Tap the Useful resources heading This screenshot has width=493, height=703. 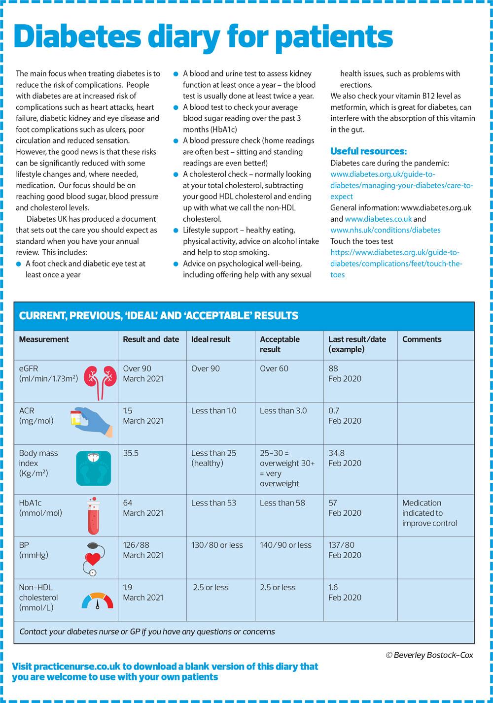pos(368,151)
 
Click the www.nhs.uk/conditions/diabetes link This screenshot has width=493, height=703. pos(385,230)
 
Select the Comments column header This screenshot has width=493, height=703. pos(422,339)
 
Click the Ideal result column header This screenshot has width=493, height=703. pos(211,339)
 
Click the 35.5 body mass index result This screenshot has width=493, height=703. pos(131,453)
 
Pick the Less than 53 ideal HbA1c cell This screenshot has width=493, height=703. pos(213,503)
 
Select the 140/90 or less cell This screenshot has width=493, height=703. pos(285,545)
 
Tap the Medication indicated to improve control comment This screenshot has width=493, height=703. pos(429,513)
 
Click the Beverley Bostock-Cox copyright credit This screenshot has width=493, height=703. pos(429,655)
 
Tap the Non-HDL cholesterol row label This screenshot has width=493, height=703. pos(38,597)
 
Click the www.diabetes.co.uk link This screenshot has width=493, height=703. pos(378,219)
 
